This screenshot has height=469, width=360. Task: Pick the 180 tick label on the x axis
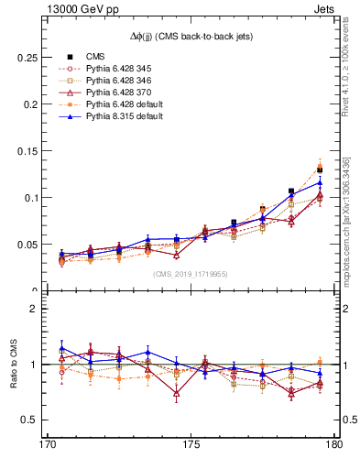(333, 447)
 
